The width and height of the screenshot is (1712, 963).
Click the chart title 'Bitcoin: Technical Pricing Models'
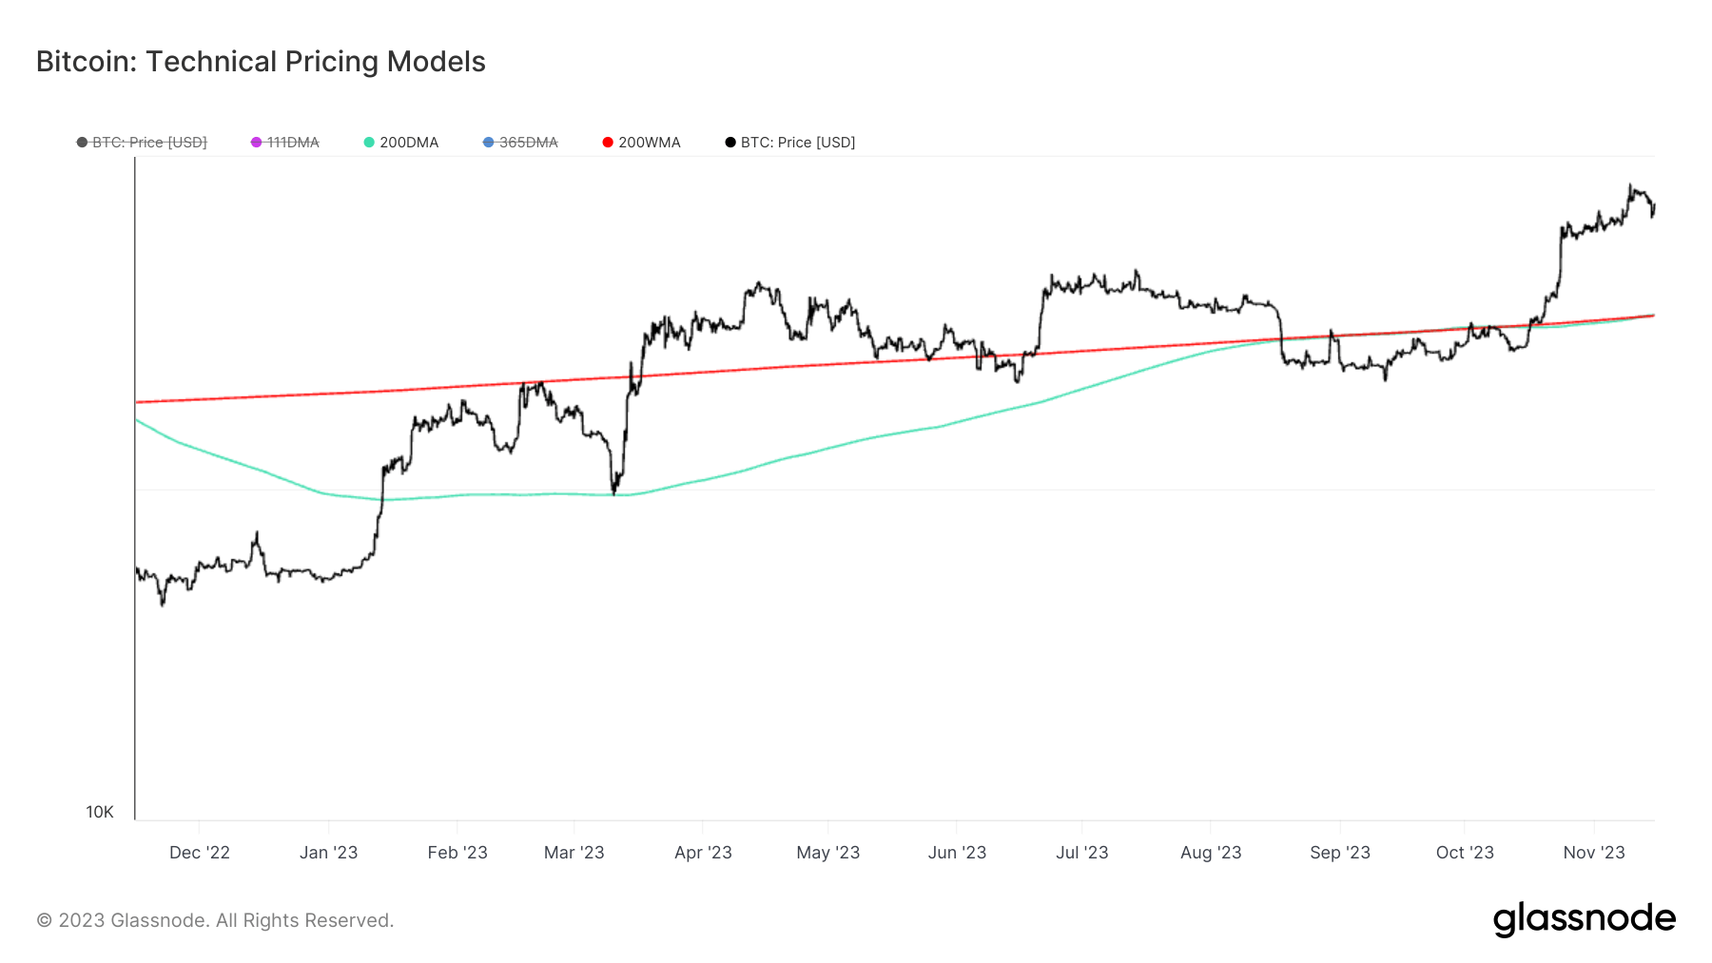point(261,62)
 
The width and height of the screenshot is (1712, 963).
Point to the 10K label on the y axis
point(100,812)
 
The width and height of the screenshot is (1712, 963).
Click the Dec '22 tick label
point(200,853)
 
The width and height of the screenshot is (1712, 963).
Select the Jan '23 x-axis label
point(328,853)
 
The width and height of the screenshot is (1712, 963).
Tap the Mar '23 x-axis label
point(574,853)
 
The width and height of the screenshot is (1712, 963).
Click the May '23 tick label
point(827,853)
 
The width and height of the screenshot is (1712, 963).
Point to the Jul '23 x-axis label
point(1081,853)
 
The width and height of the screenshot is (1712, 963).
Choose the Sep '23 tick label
point(1339,853)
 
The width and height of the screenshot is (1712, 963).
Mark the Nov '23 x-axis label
point(1594,853)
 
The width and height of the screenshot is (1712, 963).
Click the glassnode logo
point(1584,919)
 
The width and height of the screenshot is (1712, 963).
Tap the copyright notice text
point(215,920)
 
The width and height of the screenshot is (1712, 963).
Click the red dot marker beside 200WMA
point(608,143)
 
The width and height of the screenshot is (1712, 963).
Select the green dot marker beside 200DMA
point(369,143)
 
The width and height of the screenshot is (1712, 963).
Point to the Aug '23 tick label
point(1211,853)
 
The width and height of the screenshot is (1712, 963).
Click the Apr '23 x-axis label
point(703,853)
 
